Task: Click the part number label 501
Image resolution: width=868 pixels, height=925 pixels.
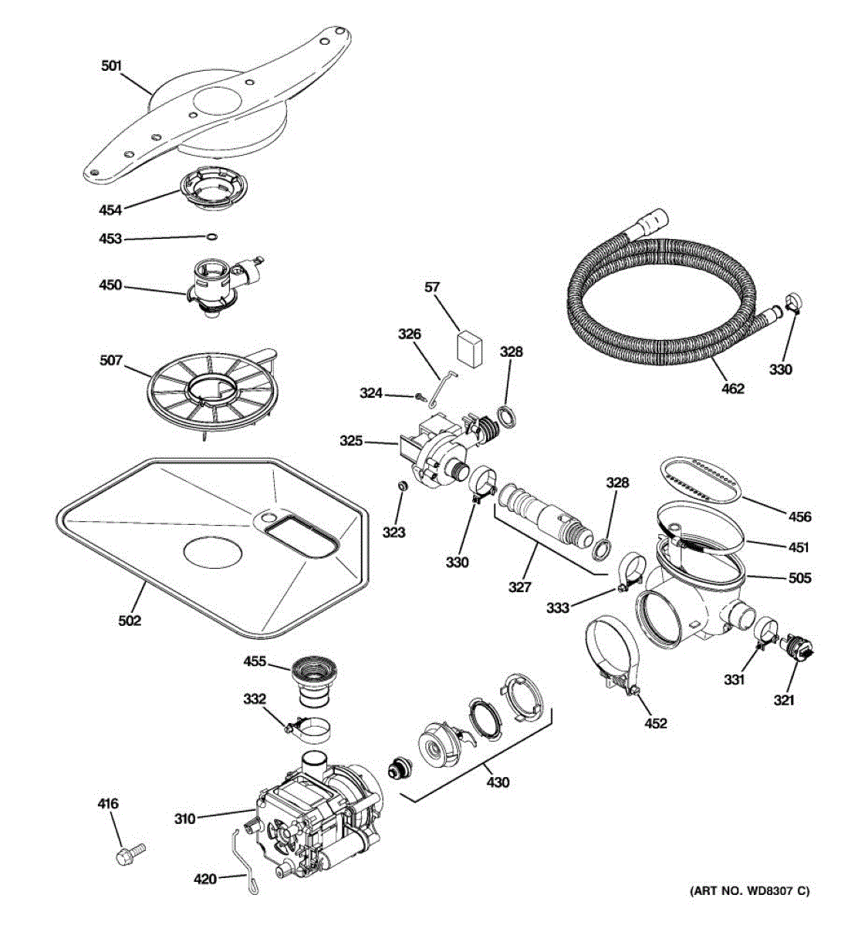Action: pyautogui.click(x=112, y=66)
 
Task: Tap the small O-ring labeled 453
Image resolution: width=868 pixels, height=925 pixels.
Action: pyautogui.click(x=211, y=236)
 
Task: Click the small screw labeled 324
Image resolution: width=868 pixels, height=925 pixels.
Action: pyautogui.click(x=420, y=396)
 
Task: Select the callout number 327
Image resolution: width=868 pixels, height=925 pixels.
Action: pyautogui.click(x=519, y=587)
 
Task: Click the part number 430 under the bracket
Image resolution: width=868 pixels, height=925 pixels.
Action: pyautogui.click(x=498, y=782)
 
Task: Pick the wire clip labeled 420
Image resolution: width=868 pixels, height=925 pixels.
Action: pyautogui.click(x=246, y=860)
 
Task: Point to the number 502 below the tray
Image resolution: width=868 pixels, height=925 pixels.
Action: pyautogui.click(x=130, y=619)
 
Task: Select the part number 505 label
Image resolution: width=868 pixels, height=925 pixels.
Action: pyautogui.click(x=800, y=577)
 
